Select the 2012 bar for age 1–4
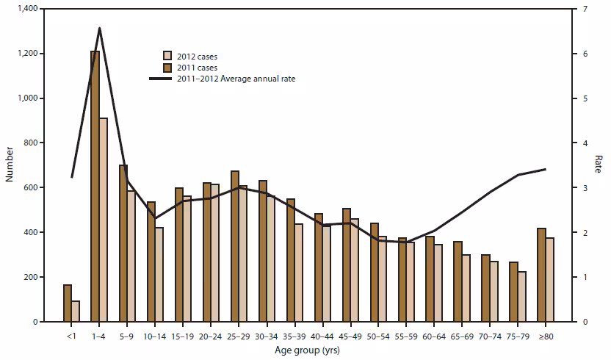pyautogui.click(x=104, y=220)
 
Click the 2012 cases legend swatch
pyautogui.click(x=167, y=56)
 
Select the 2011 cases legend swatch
pyautogui.click(x=167, y=67)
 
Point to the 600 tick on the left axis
pyautogui.click(x=33, y=187)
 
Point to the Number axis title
pyautogui.click(x=7, y=165)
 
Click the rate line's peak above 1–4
pyautogui.click(x=100, y=28)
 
